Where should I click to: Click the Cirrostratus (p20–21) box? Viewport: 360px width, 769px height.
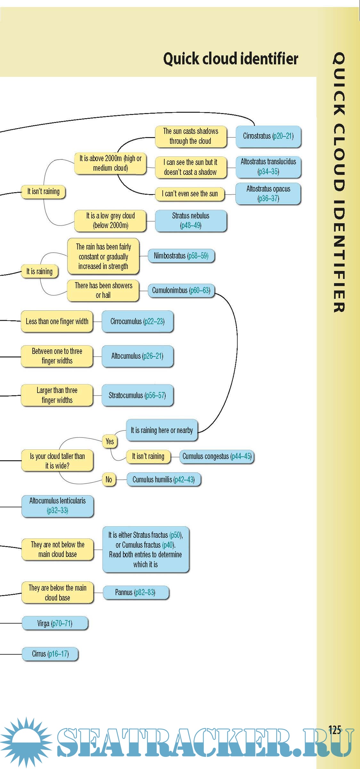[x=268, y=136]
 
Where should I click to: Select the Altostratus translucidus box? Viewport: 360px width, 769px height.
[x=268, y=167]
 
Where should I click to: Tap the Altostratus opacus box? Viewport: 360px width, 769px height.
[x=268, y=193]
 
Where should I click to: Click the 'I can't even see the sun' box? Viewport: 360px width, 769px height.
[x=190, y=194]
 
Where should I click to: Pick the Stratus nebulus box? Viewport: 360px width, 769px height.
[x=191, y=220]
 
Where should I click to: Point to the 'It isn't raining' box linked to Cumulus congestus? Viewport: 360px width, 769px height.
[x=148, y=456]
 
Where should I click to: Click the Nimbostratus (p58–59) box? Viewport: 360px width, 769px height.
[x=181, y=256]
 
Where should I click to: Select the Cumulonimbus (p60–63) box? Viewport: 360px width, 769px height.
[x=181, y=290]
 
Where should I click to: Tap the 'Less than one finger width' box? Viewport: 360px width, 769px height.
[x=57, y=321]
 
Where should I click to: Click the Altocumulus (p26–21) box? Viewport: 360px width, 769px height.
[x=137, y=356]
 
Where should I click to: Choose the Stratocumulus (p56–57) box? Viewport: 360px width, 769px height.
[x=137, y=395]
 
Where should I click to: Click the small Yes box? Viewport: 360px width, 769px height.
[x=110, y=442]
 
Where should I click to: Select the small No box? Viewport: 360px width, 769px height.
[x=109, y=479]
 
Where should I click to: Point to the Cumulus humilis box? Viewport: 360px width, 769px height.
[x=164, y=479]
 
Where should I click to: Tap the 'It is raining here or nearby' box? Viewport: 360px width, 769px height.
[x=162, y=430]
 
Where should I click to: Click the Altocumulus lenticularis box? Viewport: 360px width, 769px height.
[x=58, y=505]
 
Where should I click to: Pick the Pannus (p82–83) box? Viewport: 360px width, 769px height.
[x=135, y=593]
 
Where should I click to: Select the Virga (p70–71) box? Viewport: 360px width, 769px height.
[x=55, y=623]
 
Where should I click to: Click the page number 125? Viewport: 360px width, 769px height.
[x=335, y=730]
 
